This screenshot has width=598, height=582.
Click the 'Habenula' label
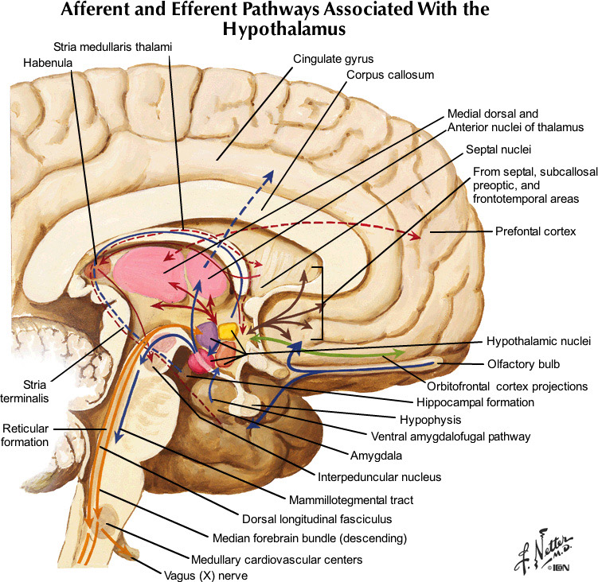click(x=47, y=60)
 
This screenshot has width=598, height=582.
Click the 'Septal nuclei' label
click(x=499, y=149)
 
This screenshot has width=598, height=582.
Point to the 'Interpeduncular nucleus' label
click(x=379, y=477)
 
